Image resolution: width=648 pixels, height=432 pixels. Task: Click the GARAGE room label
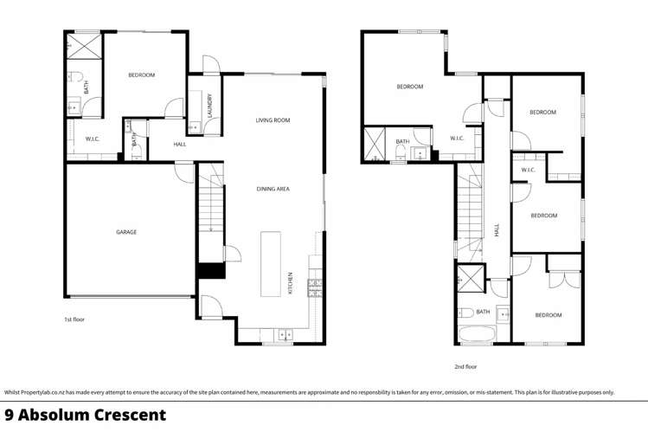coord(127,232)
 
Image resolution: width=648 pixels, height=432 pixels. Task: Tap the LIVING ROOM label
coord(272,120)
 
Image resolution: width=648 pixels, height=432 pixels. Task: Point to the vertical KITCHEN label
coord(291,283)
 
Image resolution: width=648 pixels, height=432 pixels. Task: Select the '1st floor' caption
coord(74,319)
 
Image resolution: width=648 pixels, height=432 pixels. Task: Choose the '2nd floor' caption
coord(465,366)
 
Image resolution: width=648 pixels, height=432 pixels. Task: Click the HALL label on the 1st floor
coord(180,145)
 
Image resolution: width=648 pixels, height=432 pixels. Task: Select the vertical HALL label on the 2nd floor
coord(497,230)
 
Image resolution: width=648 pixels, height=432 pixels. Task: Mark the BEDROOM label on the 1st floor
coord(141,75)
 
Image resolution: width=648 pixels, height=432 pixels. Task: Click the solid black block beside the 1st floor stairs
coord(210,270)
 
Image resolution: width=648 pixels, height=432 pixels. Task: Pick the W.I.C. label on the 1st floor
coord(93,139)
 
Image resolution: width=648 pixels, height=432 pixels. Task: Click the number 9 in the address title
coord(10,415)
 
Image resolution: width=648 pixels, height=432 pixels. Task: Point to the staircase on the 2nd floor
coord(468,215)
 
